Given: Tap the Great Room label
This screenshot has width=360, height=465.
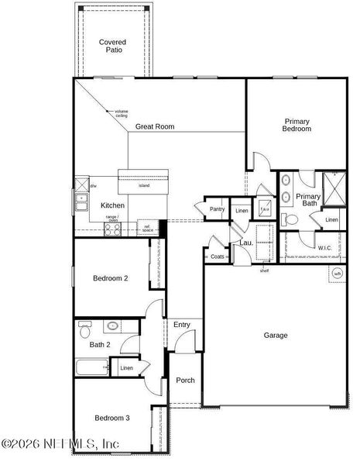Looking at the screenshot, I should click(155, 126).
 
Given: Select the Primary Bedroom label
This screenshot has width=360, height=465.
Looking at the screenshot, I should click(297, 125).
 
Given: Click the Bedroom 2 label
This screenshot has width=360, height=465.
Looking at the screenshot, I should click(110, 278).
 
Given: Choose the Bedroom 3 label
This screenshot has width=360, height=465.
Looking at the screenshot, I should click(111, 418).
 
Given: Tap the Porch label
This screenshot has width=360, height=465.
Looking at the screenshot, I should click(185, 381).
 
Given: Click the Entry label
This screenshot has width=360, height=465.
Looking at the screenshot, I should click(182, 325).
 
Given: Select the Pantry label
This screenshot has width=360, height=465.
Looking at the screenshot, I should click(217, 209).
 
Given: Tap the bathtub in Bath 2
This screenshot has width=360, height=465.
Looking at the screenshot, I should click(93, 367).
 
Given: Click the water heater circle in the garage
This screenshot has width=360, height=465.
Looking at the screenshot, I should click(337, 274).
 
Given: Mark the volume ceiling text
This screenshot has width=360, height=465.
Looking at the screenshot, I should click(121, 113).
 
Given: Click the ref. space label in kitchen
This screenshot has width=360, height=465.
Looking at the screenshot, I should click(147, 229).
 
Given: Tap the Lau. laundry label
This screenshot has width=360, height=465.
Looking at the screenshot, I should click(245, 243).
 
